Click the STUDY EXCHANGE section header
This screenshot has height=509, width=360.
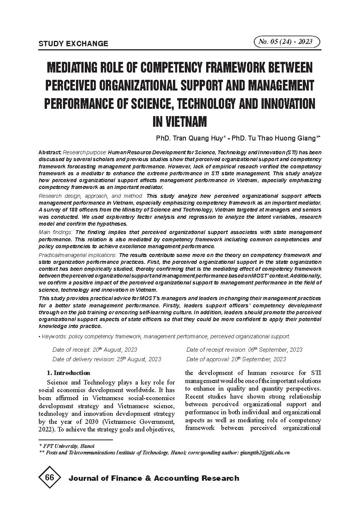[73, 44]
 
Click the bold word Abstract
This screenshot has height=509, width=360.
[50, 152]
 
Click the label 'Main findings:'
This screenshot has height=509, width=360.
[56, 232]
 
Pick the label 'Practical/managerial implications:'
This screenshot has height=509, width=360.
[78, 255]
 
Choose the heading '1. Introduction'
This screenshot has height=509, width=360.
[68, 373]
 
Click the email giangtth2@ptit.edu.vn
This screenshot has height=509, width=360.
[265, 452]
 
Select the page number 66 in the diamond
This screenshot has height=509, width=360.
[49, 478]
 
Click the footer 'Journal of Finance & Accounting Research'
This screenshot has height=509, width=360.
[153, 478]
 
